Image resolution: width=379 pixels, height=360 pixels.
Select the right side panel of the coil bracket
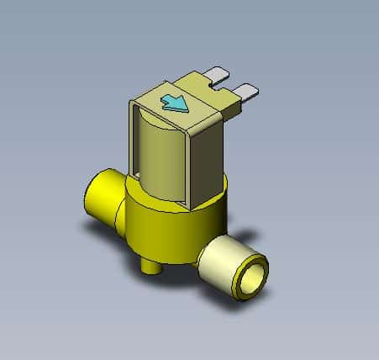click(206, 156)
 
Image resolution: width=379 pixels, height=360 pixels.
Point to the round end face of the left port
click(92, 203)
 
